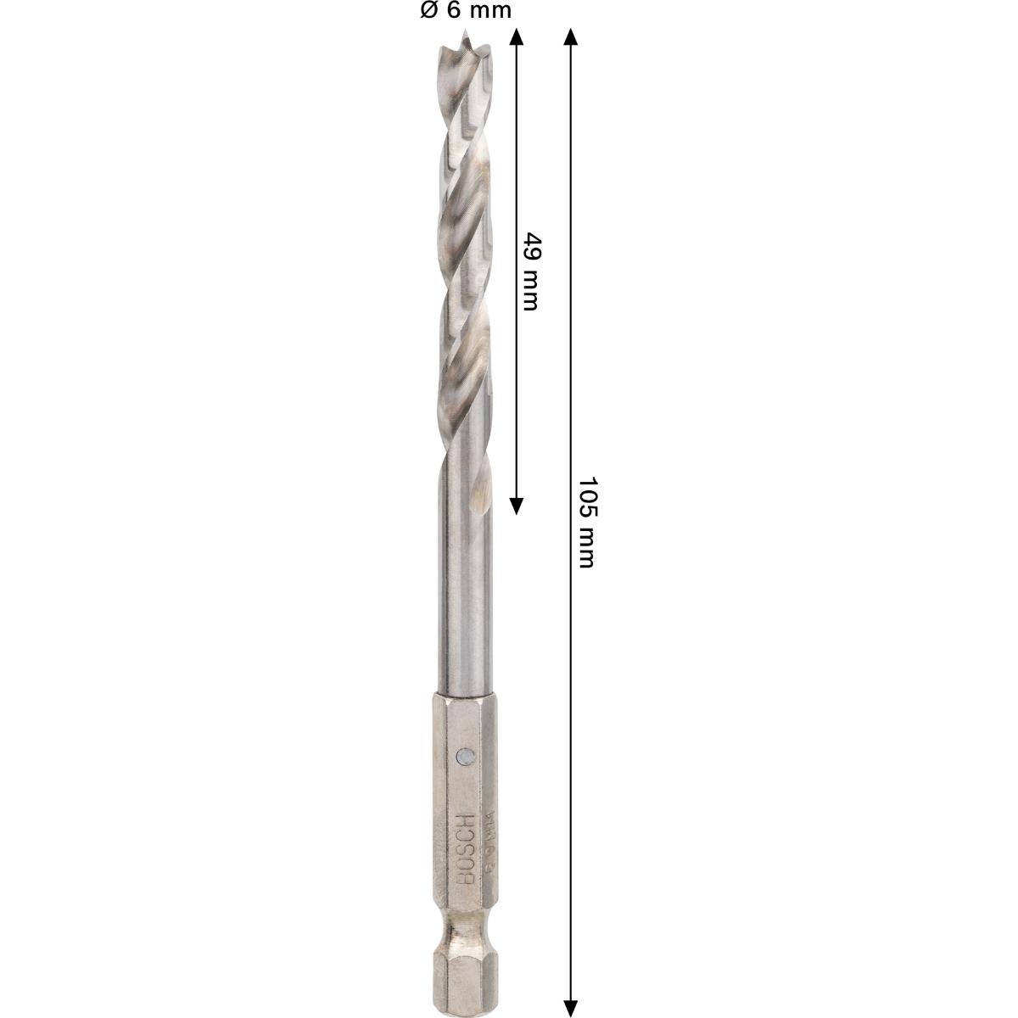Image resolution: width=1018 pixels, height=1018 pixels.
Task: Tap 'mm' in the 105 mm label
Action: (585, 547)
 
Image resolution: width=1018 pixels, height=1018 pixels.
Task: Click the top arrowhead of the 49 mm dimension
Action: (516, 37)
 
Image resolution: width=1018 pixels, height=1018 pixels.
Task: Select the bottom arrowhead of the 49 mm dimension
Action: (516, 506)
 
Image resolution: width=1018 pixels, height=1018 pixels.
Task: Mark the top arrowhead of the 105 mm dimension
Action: (571, 37)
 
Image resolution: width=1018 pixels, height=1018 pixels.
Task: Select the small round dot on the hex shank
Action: (464, 754)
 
